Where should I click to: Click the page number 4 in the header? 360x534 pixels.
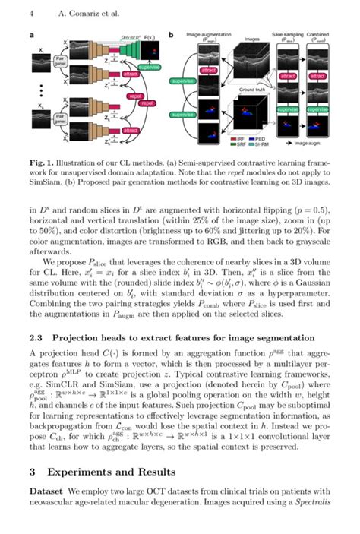click(31, 13)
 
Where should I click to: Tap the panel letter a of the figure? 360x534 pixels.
click(31, 35)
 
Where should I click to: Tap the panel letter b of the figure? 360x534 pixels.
click(172, 35)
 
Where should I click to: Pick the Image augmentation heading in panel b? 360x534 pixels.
click(209, 35)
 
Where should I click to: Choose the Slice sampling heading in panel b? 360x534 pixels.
click(289, 35)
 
